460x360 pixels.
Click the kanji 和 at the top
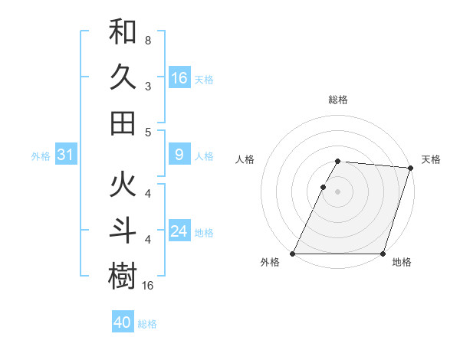pos(123,33)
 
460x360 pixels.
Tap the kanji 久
pos(123,77)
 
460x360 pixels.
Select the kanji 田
pos(123,123)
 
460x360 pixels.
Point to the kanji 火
pos(123,185)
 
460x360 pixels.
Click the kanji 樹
pos(123,276)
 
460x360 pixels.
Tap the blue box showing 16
pos(179,78)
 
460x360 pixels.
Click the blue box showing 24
pos(179,231)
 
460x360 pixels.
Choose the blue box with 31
pos(65,155)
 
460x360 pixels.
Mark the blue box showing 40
pos(123,322)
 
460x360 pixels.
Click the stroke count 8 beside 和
pos(148,40)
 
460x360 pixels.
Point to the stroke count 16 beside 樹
pos(149,285)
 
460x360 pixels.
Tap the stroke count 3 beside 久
pos(148,86)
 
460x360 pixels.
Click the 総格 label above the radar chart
pos(337,100)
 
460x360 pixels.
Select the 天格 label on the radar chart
pos(431,159)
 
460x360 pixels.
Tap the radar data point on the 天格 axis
pos(411,168)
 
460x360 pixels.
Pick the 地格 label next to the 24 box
pos(204,232)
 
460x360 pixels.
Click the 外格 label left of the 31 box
pos(41,156)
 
